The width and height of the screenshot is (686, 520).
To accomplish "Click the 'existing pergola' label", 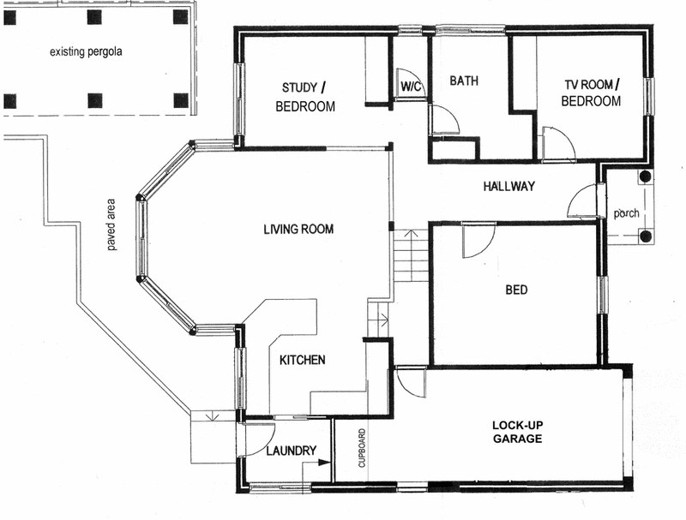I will [86, 51].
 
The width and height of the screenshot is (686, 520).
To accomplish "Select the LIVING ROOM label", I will [298, 230].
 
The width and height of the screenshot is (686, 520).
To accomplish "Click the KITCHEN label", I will [302, 361].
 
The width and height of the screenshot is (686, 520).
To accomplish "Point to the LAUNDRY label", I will [291, 451].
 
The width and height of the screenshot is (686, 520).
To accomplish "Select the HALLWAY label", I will [508, 186].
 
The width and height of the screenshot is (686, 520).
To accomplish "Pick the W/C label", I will [410, 87].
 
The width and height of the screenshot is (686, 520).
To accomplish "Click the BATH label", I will [464, 81].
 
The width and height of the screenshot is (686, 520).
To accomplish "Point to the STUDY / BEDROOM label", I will [304, 97].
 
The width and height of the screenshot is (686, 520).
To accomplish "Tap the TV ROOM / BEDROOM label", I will [591, 93].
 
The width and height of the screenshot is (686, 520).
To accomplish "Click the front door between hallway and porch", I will [583, 202].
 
